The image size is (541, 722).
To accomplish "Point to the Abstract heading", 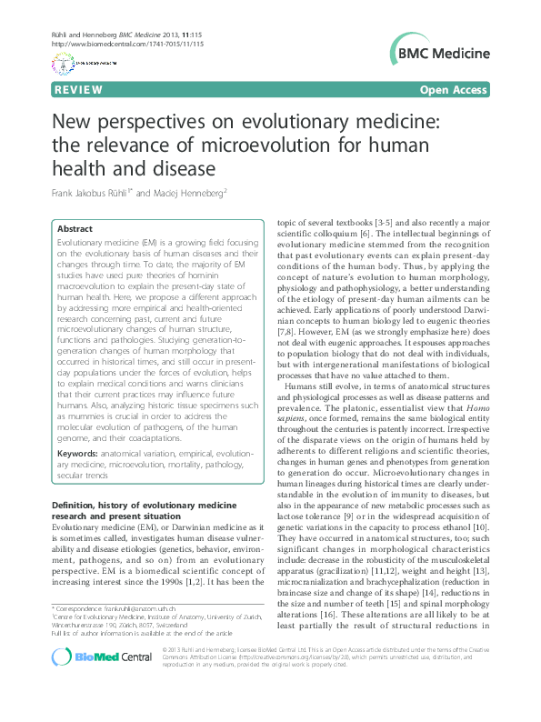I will [75, 231].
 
